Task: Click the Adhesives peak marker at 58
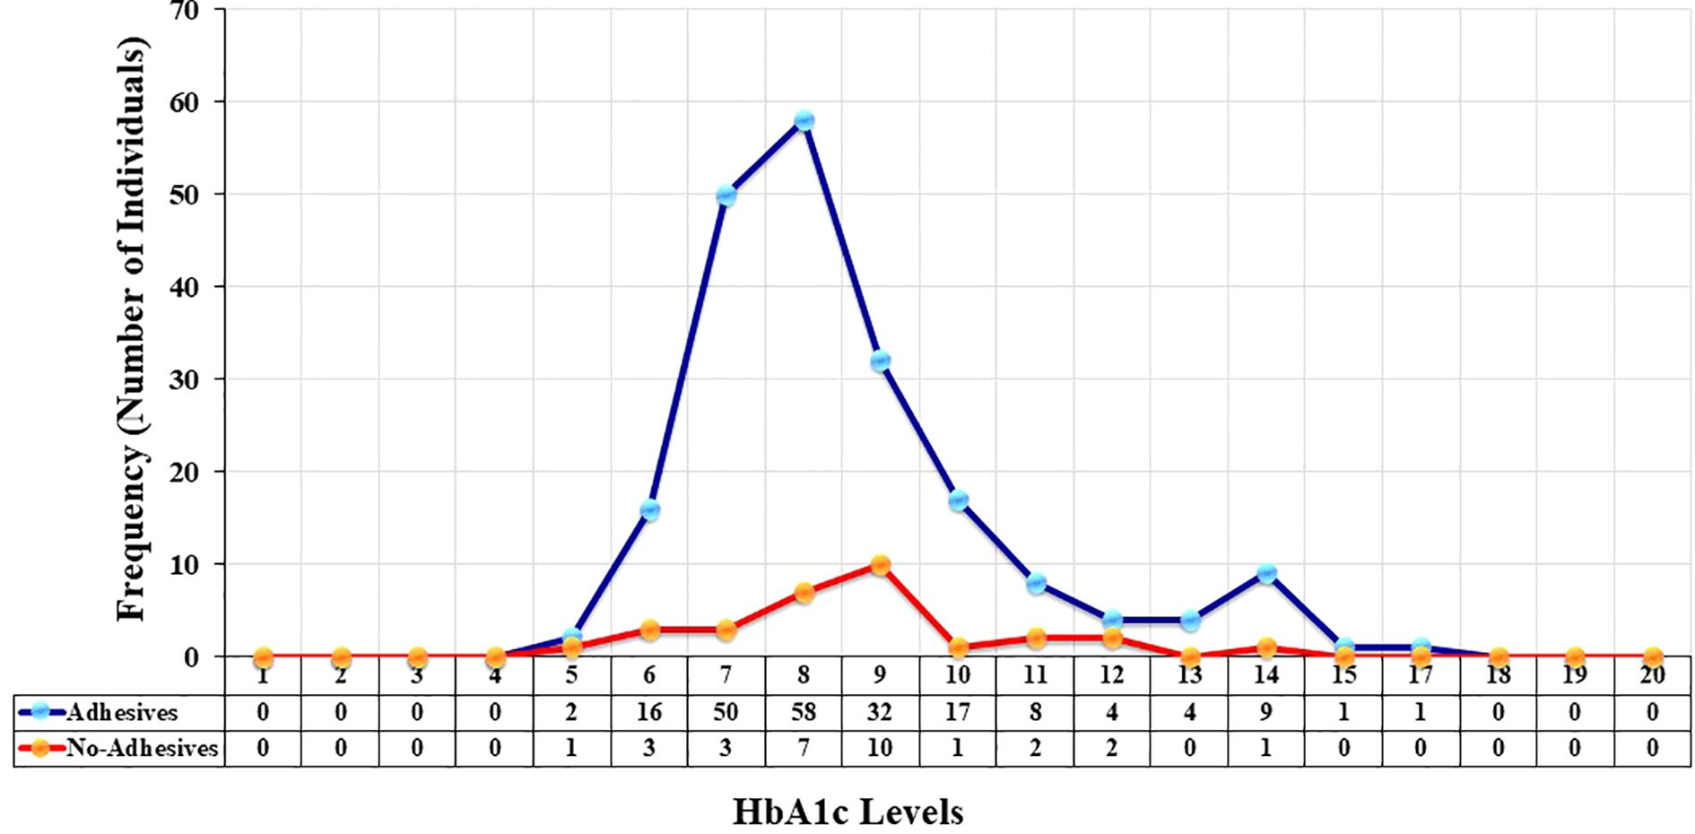click(804, 120)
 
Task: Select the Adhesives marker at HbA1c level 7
click(726, 195)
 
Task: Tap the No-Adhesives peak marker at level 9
click(880, 565)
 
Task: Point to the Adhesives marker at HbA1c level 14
click(1265, 573)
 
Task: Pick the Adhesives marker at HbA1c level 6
click(649, 510)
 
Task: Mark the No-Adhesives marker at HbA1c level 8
click(804, 593)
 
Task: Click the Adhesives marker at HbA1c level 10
click(958, 500)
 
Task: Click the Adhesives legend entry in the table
click(119, 712)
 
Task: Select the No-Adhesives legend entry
click(119, 748)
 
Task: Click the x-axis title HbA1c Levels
click(847, 812)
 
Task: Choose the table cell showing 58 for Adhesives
click(804, 712)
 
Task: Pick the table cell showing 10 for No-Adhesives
click(880, 748)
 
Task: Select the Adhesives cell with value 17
click(958, 712)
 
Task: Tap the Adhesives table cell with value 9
click(1265, 712)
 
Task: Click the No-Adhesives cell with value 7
click(804, 748)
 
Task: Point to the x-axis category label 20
click(1651, 675)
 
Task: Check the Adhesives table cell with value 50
click(726, 712)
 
